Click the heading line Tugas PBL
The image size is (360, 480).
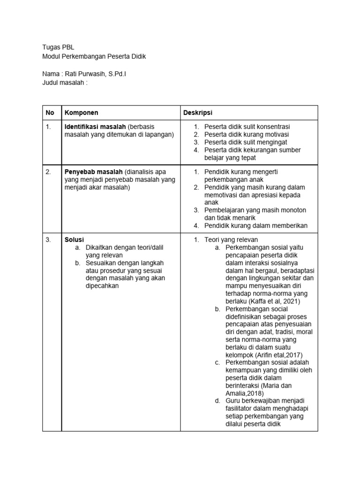pyautogui.click(x=58, y=47)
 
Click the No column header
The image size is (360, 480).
pyautogui.click(x=50, y=112)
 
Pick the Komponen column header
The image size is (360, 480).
pyautogui.click(x=81, y=112)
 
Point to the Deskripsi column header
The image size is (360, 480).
pyautogui.click(x=198, y=112)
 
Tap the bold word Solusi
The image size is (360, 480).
pyautogui.click(x=74, y=240)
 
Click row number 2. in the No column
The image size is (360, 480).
pyautogui.click(x=48, y=172)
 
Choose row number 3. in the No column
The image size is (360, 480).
pyautogui.click(x=48, y=240)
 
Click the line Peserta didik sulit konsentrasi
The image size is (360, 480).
pyautogui.click(x=247, y=127)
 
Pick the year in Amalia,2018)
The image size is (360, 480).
pyautogui.click(x=256, y=393)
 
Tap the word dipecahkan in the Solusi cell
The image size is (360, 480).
pyautogui.click(x=102, y=285)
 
